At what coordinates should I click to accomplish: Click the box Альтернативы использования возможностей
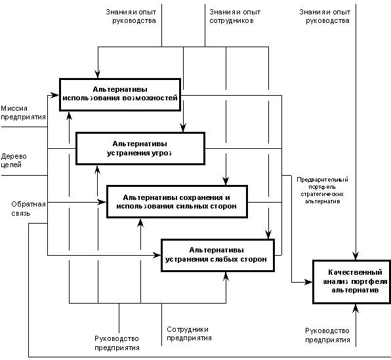(120, 94)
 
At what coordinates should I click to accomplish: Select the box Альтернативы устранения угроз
(140, 149)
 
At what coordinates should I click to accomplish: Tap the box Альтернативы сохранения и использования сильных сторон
(177, 202)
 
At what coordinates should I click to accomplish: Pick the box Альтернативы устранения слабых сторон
(218, 255)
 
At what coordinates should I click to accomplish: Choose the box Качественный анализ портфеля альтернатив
(352, 282)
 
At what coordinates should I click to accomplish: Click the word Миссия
(14, 108)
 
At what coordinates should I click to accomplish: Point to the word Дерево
(14, 156)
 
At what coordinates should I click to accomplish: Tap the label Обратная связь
(28, 209)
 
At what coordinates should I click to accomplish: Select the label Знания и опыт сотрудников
(235, 16)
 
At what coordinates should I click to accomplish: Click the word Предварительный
(322, 180)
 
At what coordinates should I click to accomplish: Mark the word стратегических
(322, 194)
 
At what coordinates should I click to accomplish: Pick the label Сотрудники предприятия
(189, 334)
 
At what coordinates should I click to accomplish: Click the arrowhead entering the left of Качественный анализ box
(309, 282)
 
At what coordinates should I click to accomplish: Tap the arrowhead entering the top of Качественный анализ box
(356, 256)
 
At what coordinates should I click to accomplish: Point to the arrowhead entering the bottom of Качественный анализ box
(356, 308)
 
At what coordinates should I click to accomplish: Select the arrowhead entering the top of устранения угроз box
(183, 128)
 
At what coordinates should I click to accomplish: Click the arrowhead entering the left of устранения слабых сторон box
(157, 255)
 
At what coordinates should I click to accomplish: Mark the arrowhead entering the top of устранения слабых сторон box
(268, 235)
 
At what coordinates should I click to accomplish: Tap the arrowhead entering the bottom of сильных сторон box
(140, 223)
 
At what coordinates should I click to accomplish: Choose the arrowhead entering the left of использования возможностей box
(55, 95)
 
